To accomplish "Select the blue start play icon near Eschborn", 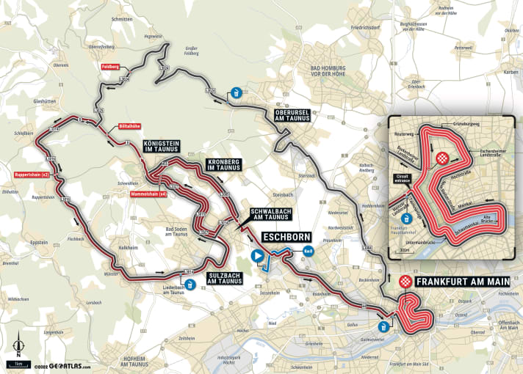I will (257, 256).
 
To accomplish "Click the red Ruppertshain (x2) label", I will (31, 175).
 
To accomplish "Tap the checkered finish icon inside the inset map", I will (443, 158).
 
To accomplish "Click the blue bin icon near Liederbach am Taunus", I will (190, 285).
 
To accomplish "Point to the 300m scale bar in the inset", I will (403, 250).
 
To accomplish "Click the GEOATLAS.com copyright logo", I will (62, 367).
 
